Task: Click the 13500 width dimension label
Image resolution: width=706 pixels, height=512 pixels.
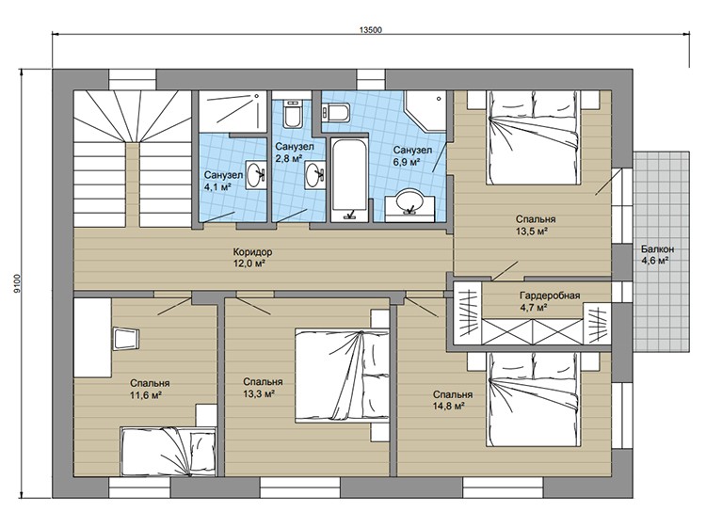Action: (x=371, y=30)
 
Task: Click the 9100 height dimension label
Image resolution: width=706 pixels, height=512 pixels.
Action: (x=17, y=283)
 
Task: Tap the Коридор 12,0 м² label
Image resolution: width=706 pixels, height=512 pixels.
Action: (x=252, y=258)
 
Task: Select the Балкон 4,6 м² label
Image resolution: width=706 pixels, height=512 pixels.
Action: (x=657, y=254)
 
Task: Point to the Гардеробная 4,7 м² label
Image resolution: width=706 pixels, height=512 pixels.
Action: (x=550, y=301)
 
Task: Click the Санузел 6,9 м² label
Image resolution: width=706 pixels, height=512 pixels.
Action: (x=412, y=156)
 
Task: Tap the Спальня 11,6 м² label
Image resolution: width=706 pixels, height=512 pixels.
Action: (x=150, y=389)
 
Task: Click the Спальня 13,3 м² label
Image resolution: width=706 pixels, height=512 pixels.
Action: (x=263, y=388)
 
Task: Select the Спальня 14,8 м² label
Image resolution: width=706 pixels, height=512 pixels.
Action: (x=453, y=400)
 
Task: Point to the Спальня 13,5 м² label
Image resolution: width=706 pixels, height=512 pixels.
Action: (x=536, y=225)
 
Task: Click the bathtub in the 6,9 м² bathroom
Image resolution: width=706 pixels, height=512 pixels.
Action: (x=349, y=180)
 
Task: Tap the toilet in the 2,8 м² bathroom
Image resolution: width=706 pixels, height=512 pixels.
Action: (x=292, y=114)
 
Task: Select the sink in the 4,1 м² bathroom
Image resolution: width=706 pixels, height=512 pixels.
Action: (x=255, y=174)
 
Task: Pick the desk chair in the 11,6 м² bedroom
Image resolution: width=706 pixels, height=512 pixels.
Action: (x=125, y=339)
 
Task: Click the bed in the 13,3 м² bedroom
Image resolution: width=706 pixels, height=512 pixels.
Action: (x=342, y=376)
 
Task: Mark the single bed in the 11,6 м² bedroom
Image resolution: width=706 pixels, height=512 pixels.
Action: (x=168, y=452)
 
